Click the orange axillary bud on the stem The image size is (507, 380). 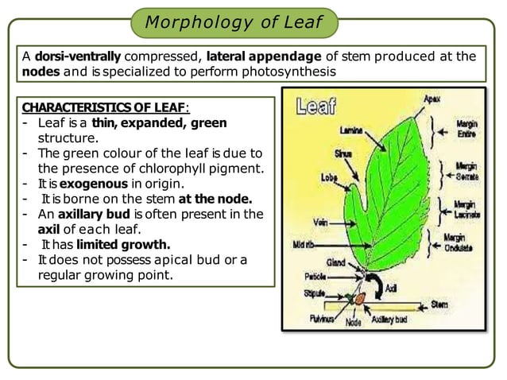coord(360,301)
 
